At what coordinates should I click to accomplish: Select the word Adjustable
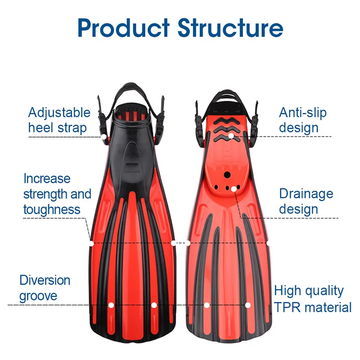pos(59,112)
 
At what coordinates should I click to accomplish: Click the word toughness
pos(52,209)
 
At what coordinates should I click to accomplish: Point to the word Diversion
pos(45,280)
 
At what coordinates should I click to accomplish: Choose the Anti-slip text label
pos(303,112)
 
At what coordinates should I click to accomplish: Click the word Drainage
pos(306,194)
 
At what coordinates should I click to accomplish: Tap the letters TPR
pos(287,307)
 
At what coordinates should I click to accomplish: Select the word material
pos(327,307)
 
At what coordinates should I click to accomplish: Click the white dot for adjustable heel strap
pos(103,136)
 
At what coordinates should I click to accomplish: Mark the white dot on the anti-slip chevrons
pos(231,135)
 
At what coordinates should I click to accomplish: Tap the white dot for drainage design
pos(234,189)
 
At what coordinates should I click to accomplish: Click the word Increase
pos(47,179)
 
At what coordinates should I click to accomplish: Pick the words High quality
pos(309,291)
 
